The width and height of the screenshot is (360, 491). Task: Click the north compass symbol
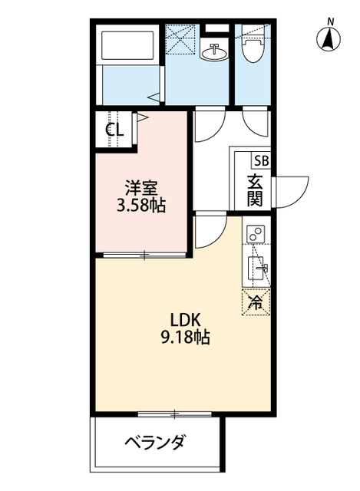tap(329, 38)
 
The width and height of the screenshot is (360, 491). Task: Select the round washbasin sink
tap(214, 52)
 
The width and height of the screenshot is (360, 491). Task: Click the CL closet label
tap(114, 129)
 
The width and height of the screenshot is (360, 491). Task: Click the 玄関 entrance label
tap(255, 190)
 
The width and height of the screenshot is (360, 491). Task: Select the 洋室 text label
tap(141, 189)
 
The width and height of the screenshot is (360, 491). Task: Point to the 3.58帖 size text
tap(141, 206)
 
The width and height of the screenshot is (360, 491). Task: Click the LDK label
tap(185, 320)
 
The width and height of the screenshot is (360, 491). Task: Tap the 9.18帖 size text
tap(185, 337)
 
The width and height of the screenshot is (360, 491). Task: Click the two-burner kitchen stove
tap(256, 233)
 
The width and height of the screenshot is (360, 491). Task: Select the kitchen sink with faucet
tap(258, 268)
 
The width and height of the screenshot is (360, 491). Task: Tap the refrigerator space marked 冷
tap(256, 302)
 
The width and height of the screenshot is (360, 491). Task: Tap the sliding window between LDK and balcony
tap(175, 414)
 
